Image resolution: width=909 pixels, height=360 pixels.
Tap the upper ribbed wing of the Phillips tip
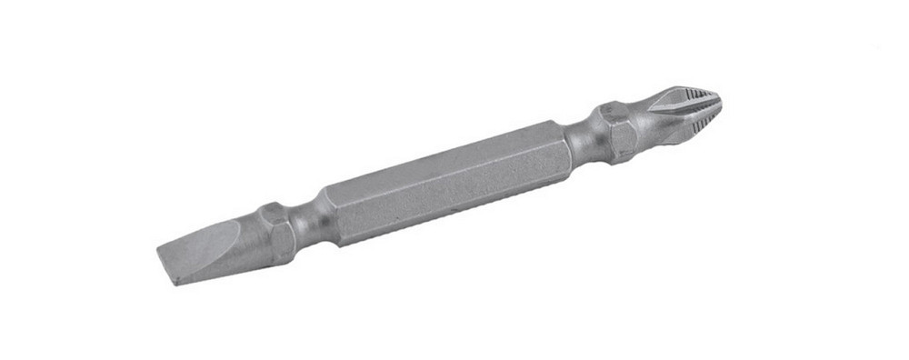686,95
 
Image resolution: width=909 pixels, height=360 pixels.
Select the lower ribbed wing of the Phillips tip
695,122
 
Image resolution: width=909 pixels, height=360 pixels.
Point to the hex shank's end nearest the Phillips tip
559,145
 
